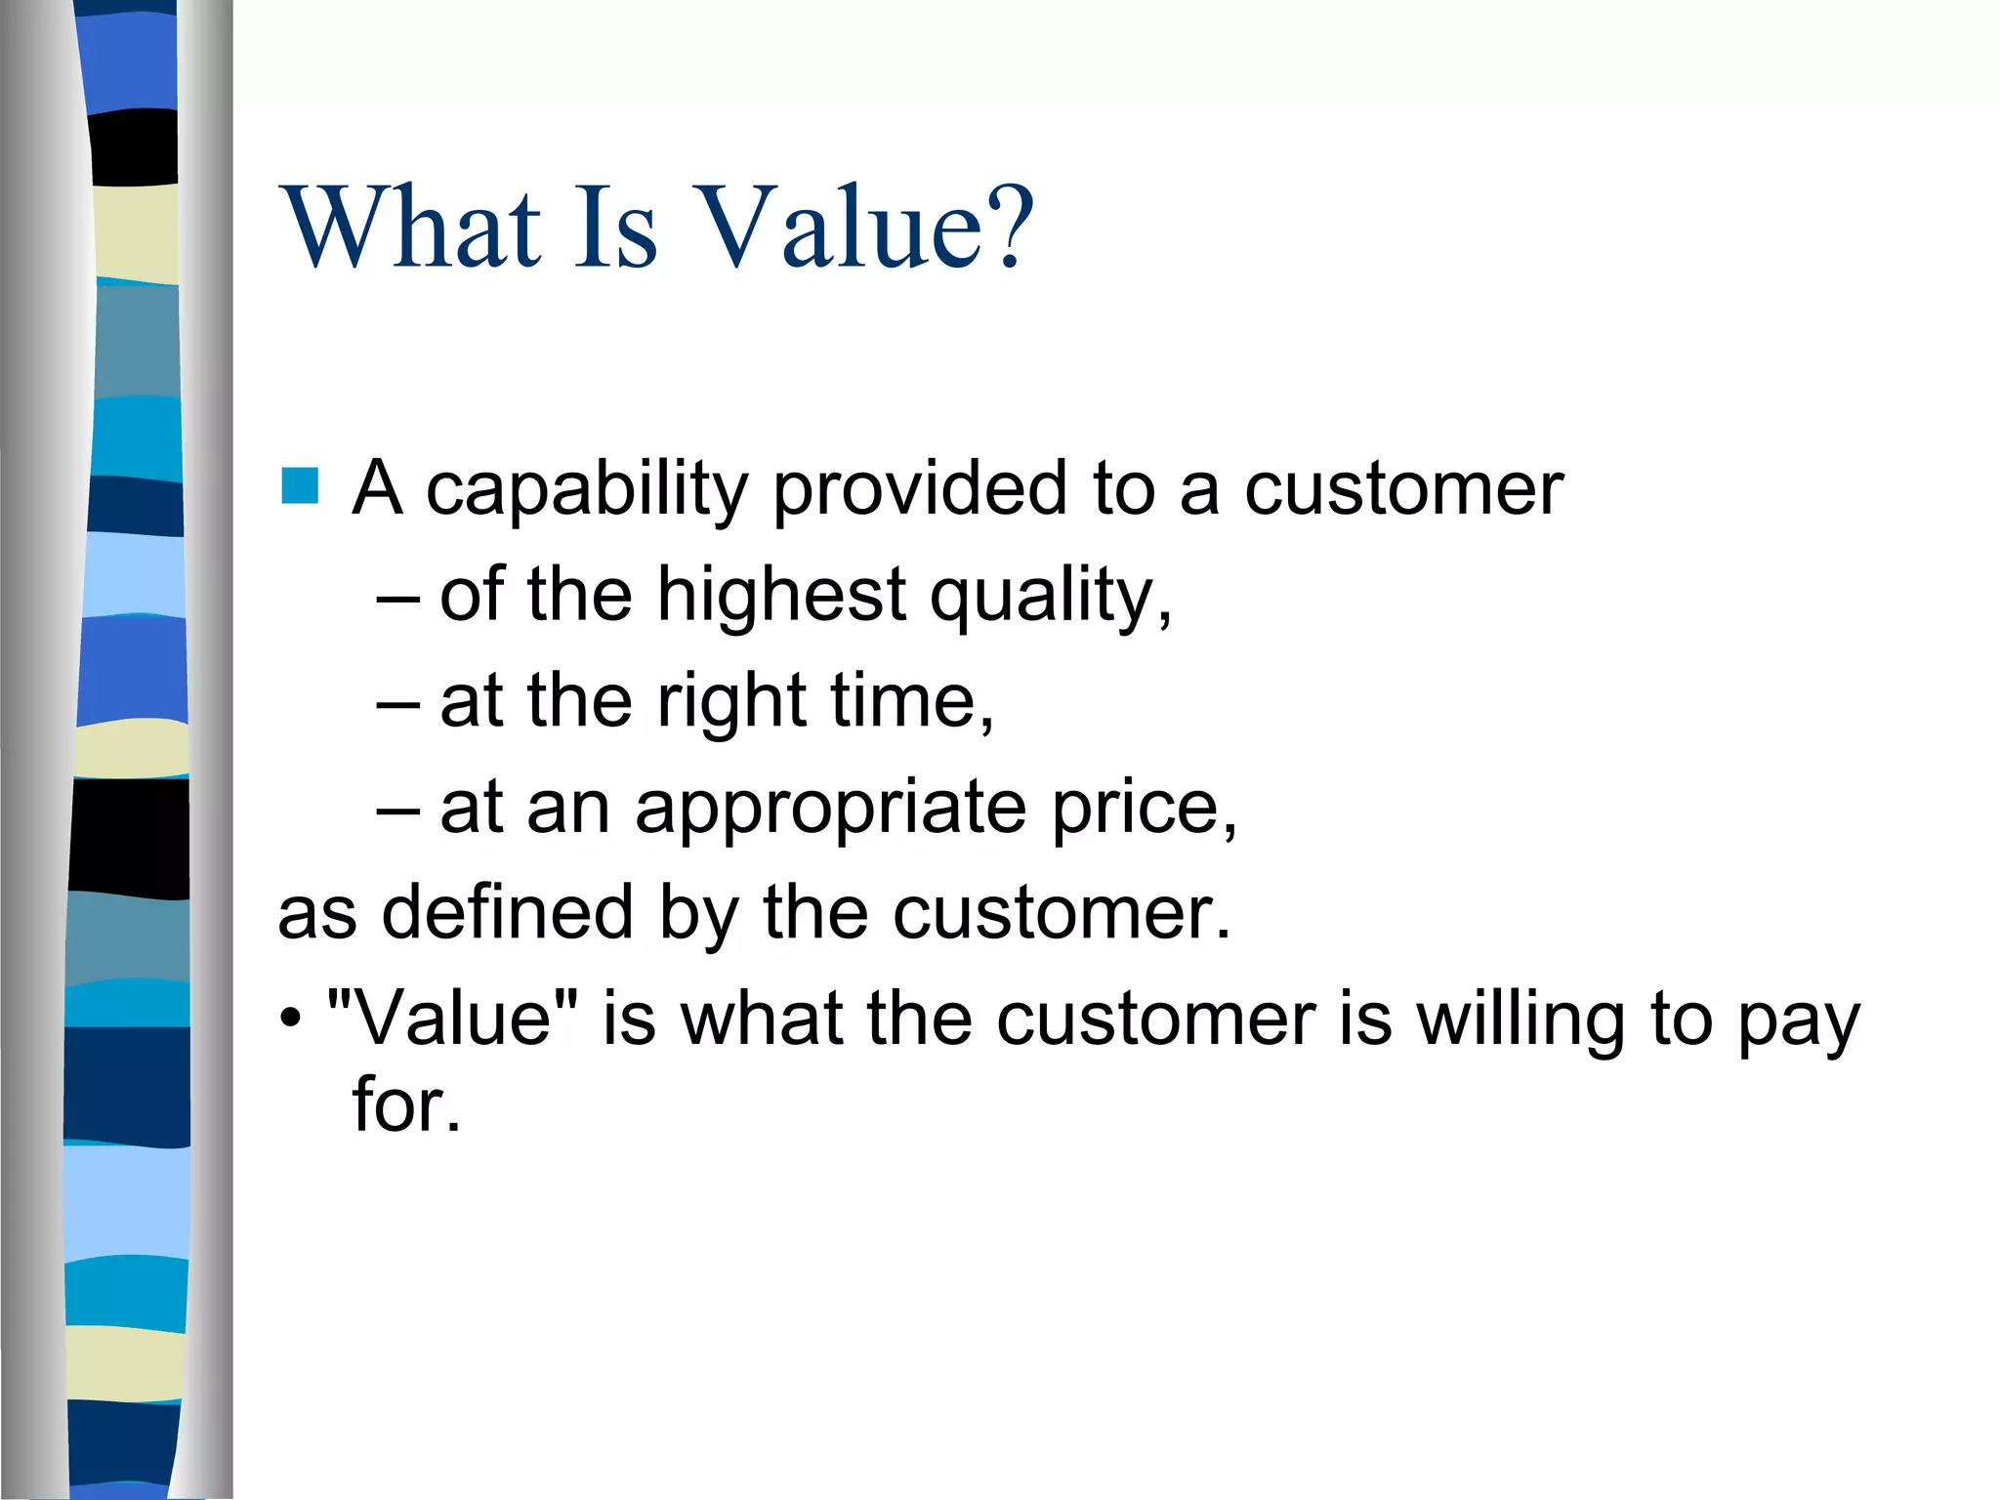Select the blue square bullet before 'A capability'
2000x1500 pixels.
tap(300, 485)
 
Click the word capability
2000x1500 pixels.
tap(586, 490)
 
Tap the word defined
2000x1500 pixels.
tap(507, 912)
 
